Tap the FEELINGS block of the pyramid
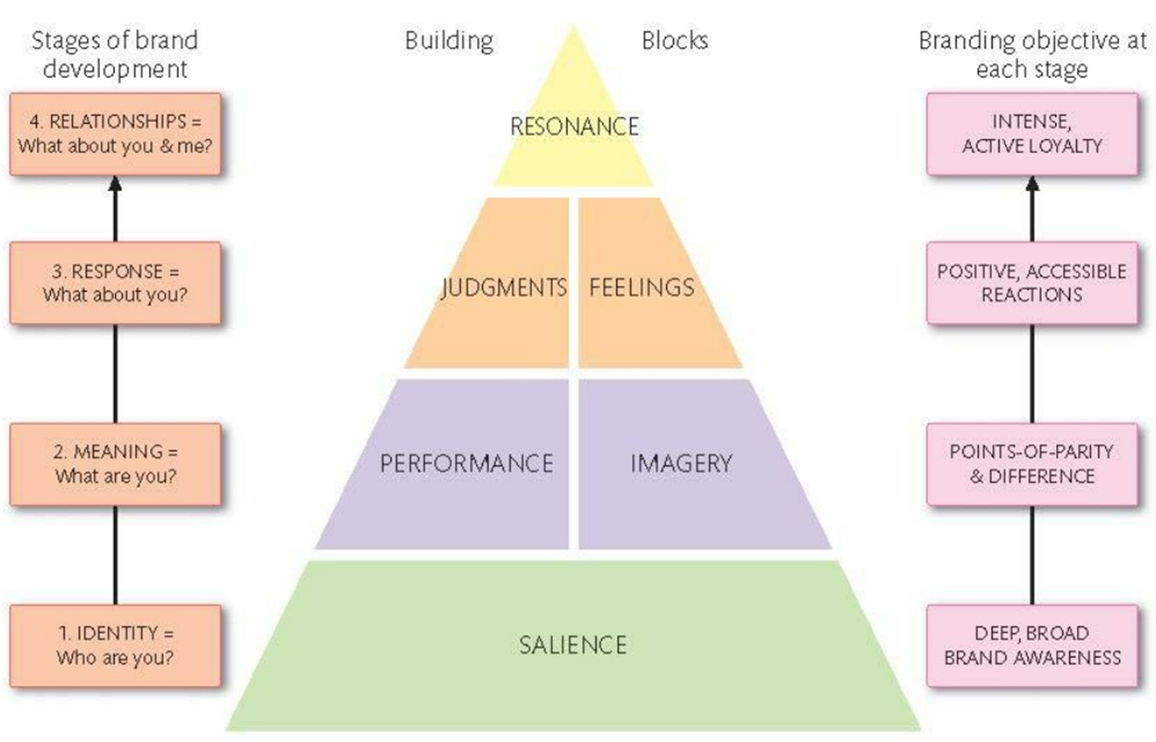642,287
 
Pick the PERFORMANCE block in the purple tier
466,462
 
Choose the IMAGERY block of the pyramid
682,462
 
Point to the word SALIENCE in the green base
572,644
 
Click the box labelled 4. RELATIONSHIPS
116,133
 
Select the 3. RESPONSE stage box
116,283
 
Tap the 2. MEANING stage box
116,464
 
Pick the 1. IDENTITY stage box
116,646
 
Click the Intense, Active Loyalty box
1033,133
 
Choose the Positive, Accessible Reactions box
1033,283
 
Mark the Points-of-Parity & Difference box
1033,464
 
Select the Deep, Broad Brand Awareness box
1033,646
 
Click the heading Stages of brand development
115,55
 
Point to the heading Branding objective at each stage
1031,55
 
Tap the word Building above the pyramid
449,41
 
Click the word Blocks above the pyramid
674,41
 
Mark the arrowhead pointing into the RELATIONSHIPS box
116,182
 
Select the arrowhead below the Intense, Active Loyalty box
1033,182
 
